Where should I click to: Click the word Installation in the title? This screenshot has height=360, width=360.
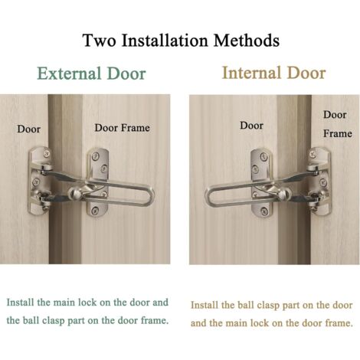165,41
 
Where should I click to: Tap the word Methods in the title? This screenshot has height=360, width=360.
246,41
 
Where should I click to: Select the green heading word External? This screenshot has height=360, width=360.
68,74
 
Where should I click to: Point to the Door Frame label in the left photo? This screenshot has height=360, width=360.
122,128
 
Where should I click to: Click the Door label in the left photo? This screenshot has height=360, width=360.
29,129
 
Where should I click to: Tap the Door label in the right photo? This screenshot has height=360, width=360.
251,126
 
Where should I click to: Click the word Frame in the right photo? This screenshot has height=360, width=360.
338,133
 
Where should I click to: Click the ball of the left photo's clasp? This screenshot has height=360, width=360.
74,193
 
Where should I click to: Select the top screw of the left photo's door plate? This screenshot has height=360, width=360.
47,153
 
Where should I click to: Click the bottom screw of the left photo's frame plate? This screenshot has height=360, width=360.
95,211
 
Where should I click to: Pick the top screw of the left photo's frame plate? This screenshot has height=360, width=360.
95,155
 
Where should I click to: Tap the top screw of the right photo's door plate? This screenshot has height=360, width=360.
263,156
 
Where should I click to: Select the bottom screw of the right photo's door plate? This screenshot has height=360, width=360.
263,211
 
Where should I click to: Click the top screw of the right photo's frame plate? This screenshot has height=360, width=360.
313,154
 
